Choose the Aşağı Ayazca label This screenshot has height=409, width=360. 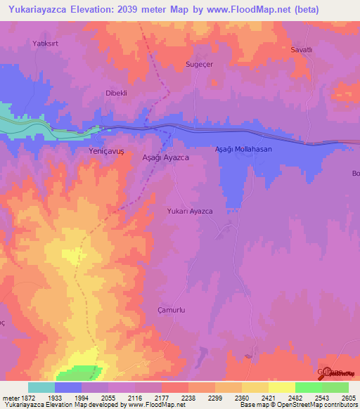point(165,159)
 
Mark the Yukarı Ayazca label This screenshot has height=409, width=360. point(190,212)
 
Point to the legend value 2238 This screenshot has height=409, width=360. point(188,397)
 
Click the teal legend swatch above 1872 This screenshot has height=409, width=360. point(41,387)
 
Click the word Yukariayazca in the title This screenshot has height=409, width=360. point(39,10)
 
